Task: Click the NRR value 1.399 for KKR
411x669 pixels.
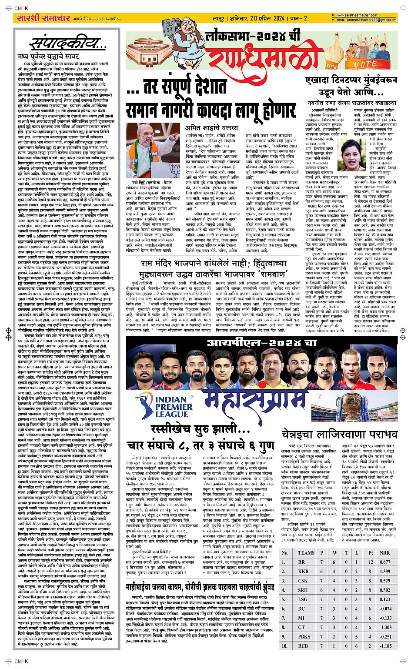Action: [384, 571]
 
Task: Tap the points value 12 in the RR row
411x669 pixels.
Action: [371, 562]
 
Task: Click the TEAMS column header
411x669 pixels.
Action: [306, 553]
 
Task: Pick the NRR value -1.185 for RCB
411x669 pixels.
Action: [385, 646]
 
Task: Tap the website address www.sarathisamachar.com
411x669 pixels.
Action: [358, 15]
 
